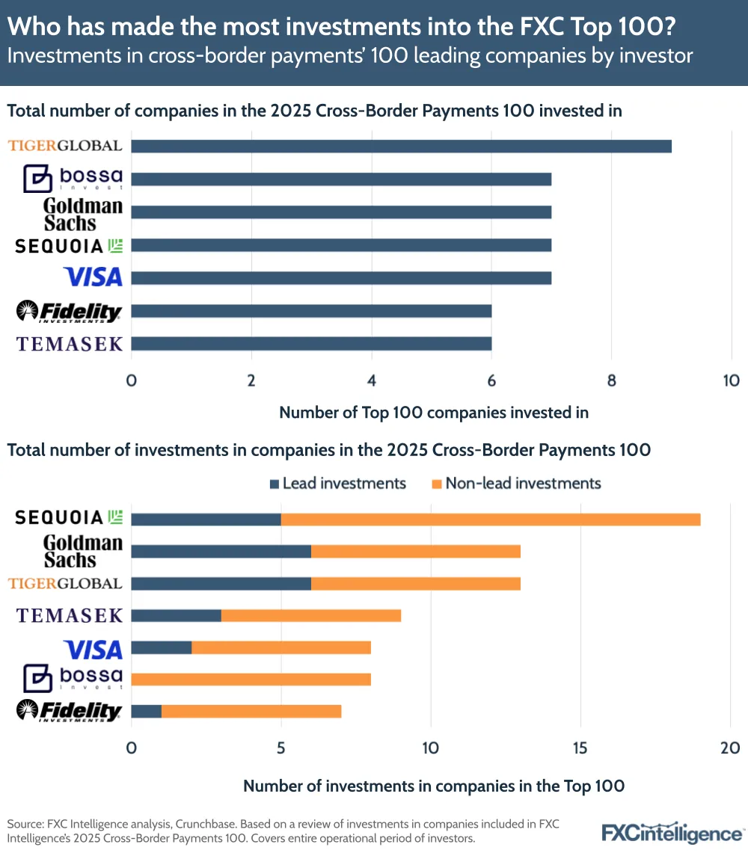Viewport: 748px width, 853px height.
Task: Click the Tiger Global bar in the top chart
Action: (401, 146)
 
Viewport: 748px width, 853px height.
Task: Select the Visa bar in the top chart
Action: (341, 278)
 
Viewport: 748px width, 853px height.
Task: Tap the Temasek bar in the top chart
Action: (311, 343)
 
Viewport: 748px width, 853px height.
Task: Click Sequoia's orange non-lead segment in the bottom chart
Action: (491, 519)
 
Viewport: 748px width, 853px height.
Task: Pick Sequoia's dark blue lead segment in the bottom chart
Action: (206, 519)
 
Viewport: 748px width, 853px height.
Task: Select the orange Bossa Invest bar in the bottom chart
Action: (251, 679)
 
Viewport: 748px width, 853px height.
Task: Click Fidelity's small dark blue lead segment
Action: (147, 711)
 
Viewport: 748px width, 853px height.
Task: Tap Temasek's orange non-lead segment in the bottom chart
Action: (311, 615)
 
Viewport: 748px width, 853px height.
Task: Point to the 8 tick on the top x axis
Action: (612, 381)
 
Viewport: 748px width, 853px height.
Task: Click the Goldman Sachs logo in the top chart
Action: (82, 214)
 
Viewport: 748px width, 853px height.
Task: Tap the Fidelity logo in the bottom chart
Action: (69, 711)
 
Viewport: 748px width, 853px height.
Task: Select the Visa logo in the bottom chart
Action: (93, 649)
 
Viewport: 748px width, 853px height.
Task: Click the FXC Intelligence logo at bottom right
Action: (672, 832)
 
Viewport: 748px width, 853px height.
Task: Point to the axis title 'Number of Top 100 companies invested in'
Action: (434, 413)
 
